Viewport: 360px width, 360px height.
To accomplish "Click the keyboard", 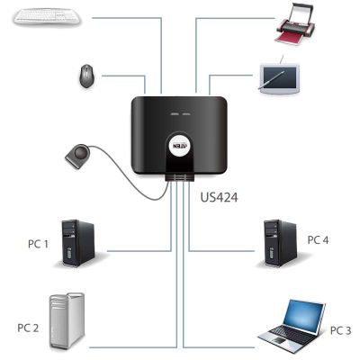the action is pos(47,16).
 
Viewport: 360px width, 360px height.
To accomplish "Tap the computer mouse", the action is pos(86,76).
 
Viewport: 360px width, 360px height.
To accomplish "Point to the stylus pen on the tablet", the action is pos(271,79).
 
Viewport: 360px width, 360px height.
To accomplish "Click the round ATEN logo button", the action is pos(180,146).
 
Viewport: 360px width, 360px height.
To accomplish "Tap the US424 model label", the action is pos(219,197).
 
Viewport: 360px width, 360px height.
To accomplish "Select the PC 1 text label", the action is pos(38,244).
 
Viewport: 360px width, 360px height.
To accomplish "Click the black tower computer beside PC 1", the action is pos(78,243).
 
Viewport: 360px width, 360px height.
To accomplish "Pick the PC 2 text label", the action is pos(28,328).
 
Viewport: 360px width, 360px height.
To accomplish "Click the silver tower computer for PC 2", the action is pos(67,321).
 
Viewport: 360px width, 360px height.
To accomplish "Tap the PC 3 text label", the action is pos(340,330).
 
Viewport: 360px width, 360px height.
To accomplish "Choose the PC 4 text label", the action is pos(318,240).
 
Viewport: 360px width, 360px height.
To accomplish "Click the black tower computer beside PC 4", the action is pos(280,243).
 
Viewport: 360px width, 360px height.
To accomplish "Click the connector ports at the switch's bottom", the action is pos(180,177).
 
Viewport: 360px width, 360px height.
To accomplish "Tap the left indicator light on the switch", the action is pos(174,114).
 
